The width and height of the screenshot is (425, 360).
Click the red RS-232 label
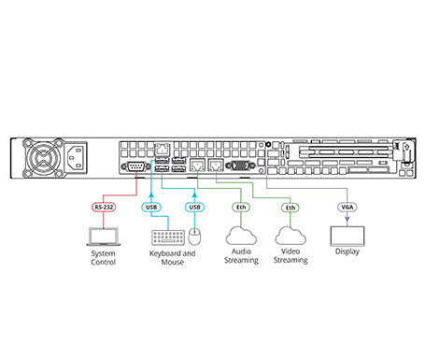click(x=104, y=207)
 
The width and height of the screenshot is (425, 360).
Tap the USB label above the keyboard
click(x=151, y=207)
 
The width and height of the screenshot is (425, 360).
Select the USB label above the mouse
click(x=194, y=207)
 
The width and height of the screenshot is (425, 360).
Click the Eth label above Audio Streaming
click(x=241, y=207)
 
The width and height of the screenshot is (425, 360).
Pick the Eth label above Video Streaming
click(x=290, y=208)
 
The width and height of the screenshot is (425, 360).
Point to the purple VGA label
click(x=347, y=207)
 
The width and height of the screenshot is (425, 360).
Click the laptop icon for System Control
click(x=104, y=237)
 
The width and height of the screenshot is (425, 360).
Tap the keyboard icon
click(x=168, y=238)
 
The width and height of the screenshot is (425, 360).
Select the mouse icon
click(x=194, y=238)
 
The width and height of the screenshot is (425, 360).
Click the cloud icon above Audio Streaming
click(x=241, y=236)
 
